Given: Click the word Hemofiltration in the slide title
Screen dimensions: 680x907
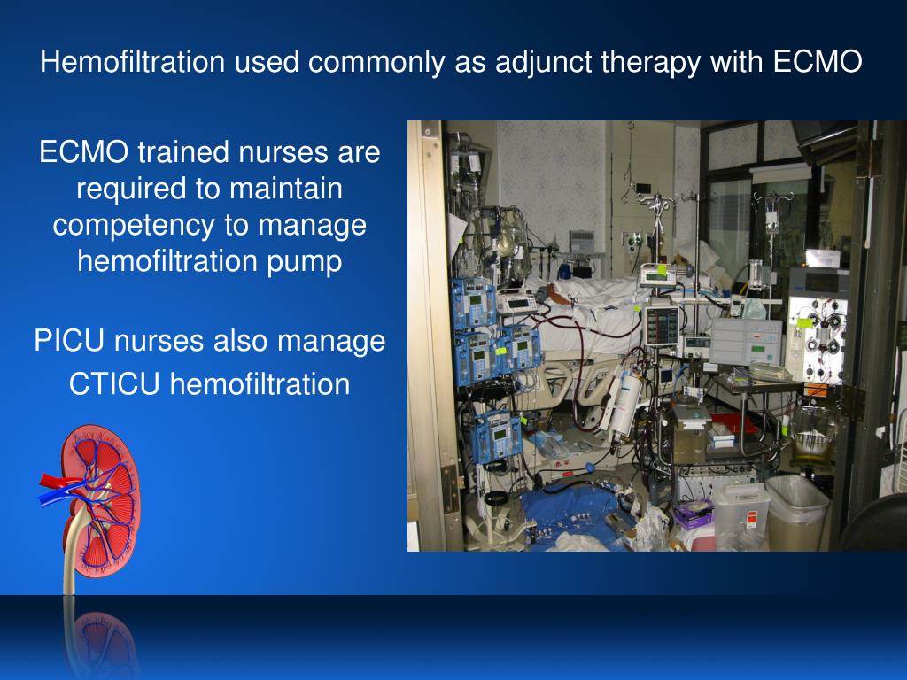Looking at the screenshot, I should click(x=133, y=62).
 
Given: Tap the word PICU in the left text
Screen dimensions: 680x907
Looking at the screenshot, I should click(x=72, y=341).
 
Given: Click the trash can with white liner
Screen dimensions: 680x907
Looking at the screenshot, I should click(x=796, y=511).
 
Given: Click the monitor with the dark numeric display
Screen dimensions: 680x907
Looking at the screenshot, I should click(x=663, y=325).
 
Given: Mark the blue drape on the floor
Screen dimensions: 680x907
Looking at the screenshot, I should click(x=567, y=518).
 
